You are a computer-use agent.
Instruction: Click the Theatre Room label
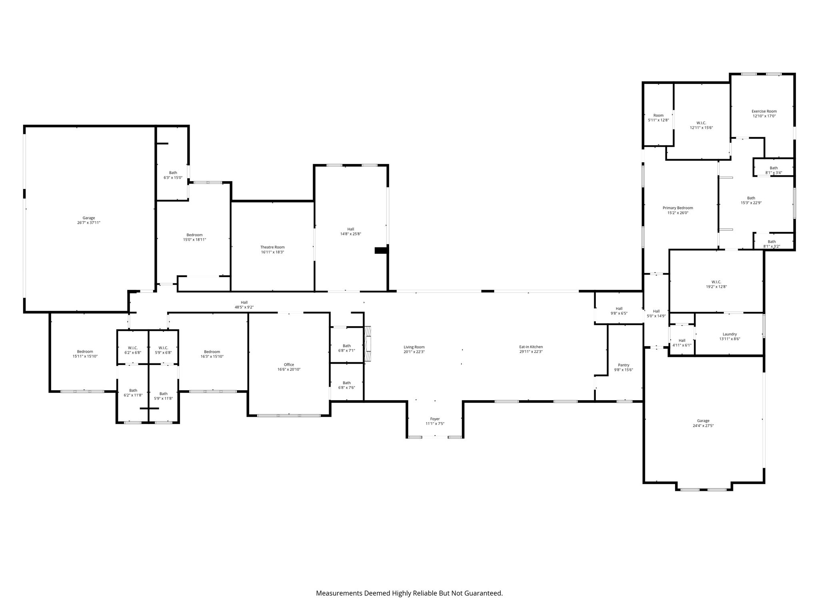click(272, 247)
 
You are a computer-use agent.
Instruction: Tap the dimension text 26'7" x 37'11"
click(89, 223)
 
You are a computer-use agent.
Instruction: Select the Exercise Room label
click(764, 111)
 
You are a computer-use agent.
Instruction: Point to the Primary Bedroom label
click(677, 208)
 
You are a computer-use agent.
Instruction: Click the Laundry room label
click(729, 334)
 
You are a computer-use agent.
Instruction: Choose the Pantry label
click(623, 365)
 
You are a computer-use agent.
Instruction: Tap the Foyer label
click(435, 419)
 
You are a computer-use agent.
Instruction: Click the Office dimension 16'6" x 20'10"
click(289, 370)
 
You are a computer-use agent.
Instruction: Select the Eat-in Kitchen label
click(531, 347)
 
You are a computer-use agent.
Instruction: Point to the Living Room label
click(414, 347)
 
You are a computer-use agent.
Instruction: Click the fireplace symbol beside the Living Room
click(368, 339)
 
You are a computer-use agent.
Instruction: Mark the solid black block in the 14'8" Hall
click(381, 251)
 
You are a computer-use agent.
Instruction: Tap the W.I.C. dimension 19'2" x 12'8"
click(716, 287)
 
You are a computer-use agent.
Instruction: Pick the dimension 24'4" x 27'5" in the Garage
click(703, 426)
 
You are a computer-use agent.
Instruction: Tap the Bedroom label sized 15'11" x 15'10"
click(85, 352)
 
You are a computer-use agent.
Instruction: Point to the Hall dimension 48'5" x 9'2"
click(244, 307)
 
